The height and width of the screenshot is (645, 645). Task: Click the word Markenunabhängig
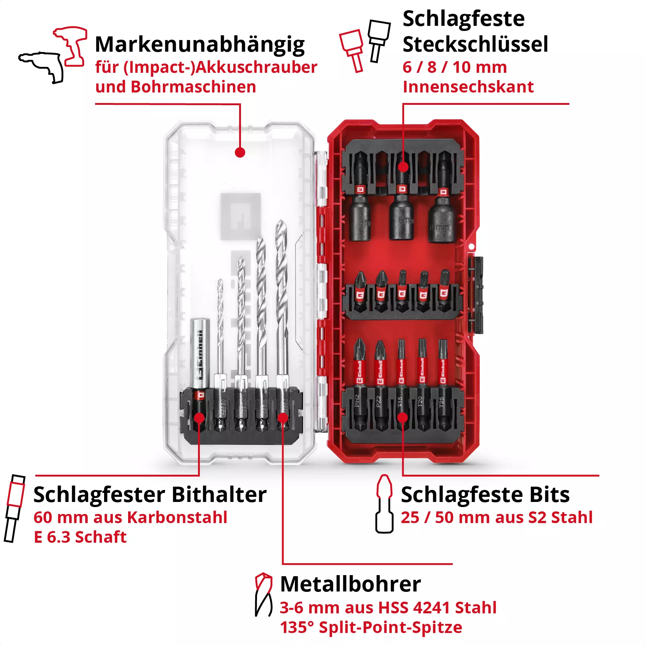pos(199,45)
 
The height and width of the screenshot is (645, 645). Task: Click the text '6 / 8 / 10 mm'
pos(454,67)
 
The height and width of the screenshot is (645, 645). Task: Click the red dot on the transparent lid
pos(240,153)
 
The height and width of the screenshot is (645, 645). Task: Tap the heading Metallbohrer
pos(350,584)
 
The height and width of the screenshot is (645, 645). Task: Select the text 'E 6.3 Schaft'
pos(80,537)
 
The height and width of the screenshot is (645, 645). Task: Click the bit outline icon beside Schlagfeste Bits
pos(384,504)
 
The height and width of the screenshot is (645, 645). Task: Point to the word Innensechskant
pos(468,87)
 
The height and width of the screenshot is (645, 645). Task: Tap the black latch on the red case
pos(476,295)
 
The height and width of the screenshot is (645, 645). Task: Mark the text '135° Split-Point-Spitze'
pos(371,627)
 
